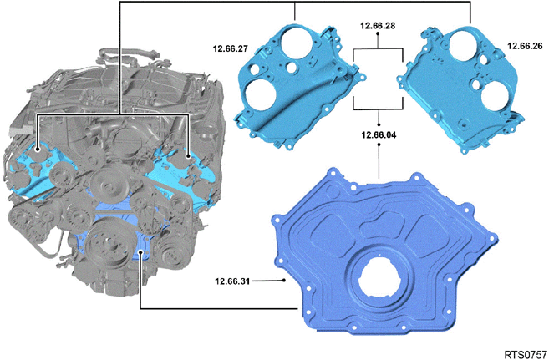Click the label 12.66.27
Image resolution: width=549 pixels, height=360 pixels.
point(231,49)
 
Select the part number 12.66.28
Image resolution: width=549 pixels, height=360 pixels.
point(378,26)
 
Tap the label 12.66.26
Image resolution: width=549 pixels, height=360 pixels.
point(525,46)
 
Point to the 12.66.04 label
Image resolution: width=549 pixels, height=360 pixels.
point(379,134)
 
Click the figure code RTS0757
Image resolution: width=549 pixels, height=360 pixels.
point(526,353)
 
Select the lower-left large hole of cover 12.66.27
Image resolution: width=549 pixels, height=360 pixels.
point(261,94)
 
